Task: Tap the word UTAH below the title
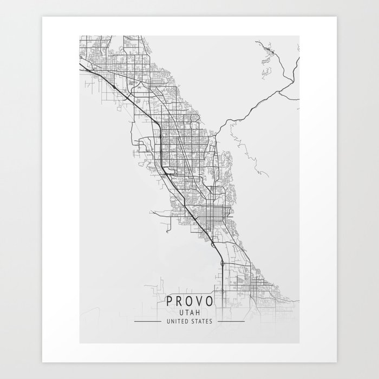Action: (190, 313)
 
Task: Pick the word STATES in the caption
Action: (205, 321)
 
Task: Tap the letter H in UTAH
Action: (198, 313)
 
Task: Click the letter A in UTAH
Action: (193, 313)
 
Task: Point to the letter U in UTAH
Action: (182, 313)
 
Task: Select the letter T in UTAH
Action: (187, 313)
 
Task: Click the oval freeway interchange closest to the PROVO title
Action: (223, 263)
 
